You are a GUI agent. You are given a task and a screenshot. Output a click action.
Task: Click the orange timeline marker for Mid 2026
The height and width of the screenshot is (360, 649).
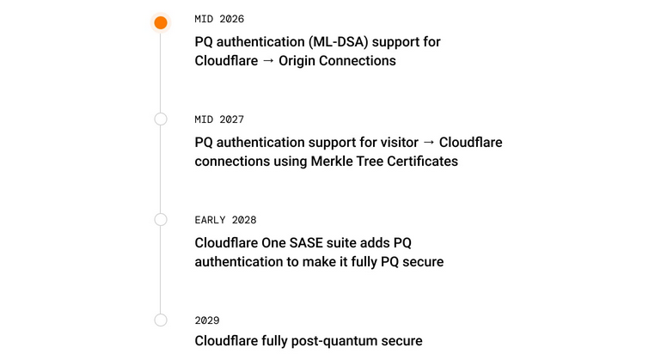tap(161, 22)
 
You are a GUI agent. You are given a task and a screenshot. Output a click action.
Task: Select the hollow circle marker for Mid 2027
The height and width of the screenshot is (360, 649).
tap(161, 119)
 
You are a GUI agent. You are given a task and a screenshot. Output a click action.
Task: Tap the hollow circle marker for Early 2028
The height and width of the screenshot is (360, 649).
tap(161, 219)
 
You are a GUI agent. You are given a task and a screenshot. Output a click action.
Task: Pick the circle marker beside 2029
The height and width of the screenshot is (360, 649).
tap(161, 320)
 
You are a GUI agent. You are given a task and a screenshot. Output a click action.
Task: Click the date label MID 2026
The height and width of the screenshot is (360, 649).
tap(213, 19)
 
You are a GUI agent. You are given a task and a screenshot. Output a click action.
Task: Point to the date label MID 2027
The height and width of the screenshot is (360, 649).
tap(213, 119)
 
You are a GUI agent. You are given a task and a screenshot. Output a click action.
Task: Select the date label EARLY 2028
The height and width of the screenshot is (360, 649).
tap(225, 220)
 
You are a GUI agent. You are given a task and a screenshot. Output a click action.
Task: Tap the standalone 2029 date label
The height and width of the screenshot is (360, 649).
tap(207, 320)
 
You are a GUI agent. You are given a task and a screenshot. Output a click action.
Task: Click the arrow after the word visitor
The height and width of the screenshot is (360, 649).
tap(429, 142)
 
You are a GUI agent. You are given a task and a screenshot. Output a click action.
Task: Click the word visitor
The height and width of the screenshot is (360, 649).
tap(395, 142)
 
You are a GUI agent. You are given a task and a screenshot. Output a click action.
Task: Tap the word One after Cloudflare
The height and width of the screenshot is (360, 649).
tap(273, 242)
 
